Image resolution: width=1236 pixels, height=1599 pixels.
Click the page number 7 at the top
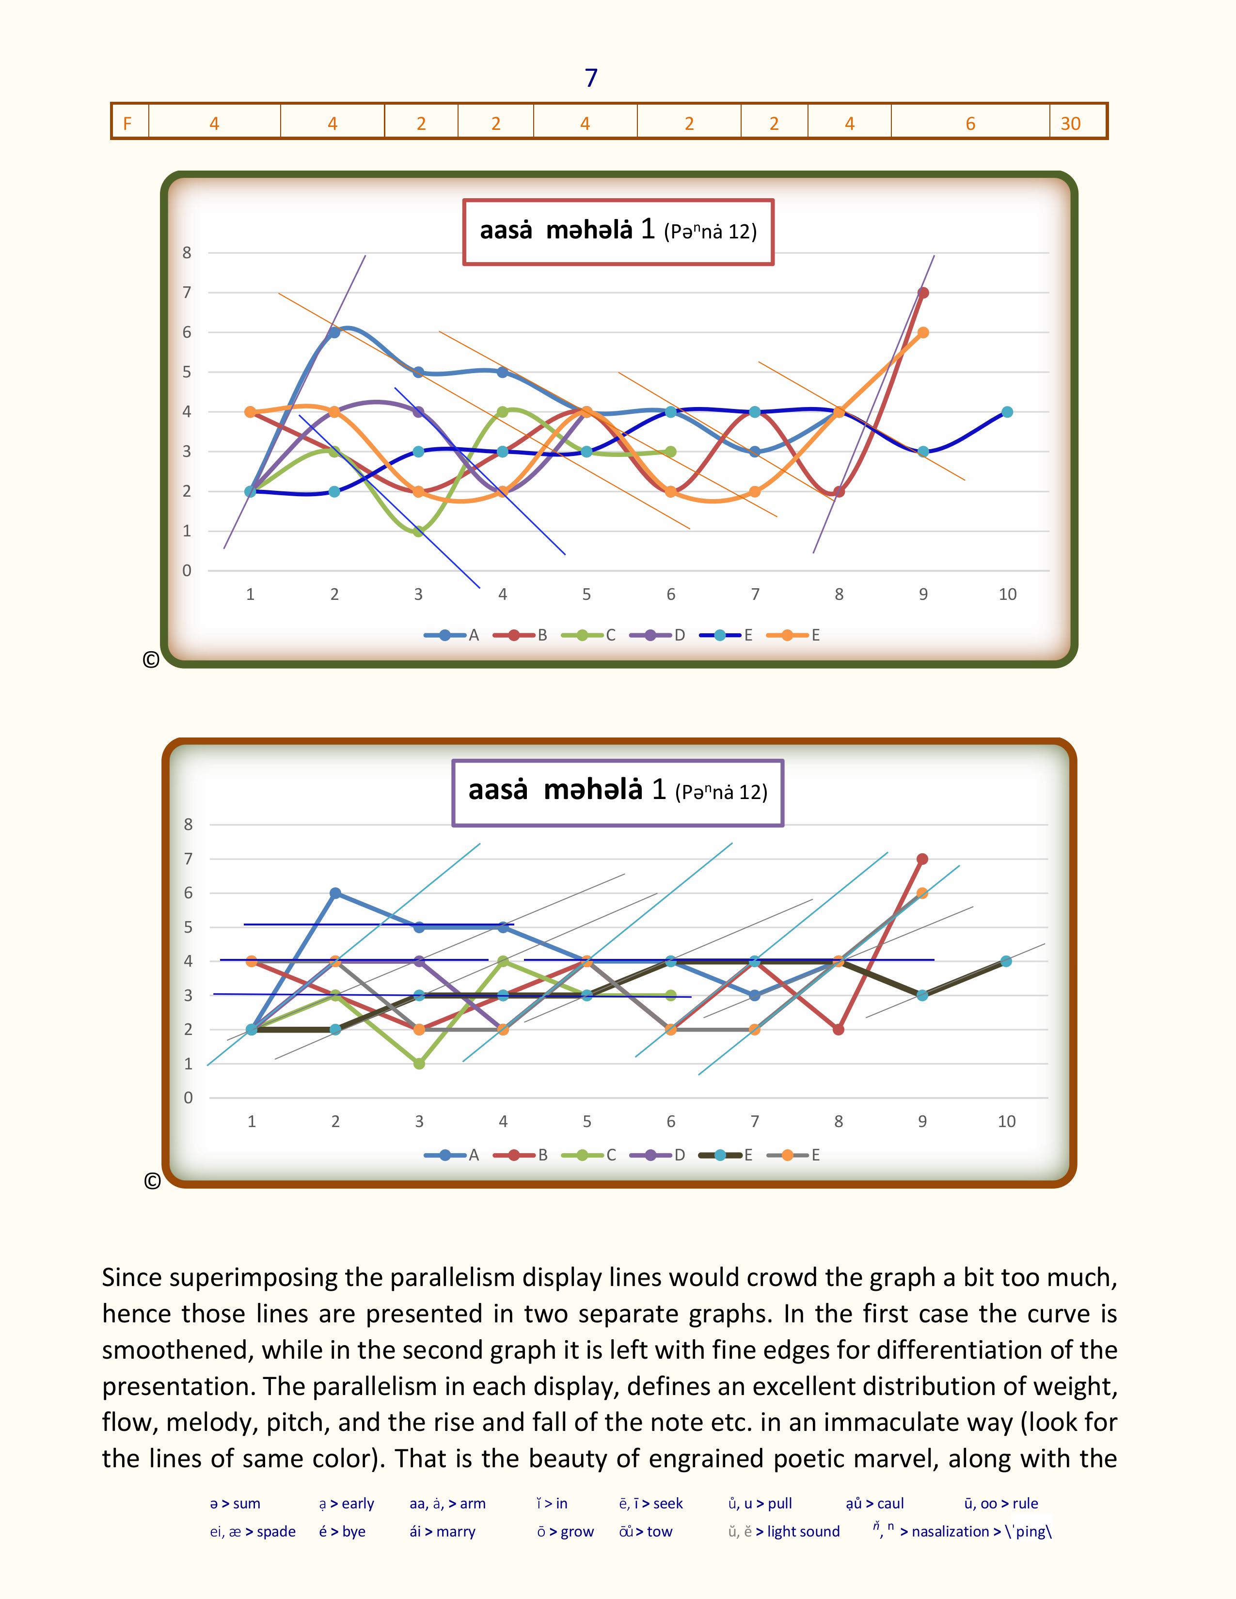click(x=591, y=78)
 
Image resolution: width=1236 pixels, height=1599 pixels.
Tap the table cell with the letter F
click(x=127, y=123)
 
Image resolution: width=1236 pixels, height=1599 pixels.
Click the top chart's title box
click(x=618, y=231)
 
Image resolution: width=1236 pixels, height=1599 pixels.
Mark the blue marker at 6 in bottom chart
click(x=335, y=893)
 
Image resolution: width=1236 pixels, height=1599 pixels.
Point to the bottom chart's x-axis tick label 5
click(x=586, y=1121)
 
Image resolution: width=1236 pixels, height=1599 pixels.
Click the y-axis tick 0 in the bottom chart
click(x=188, y=1097)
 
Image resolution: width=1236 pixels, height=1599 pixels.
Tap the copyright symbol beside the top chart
click(x=151, y=659)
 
